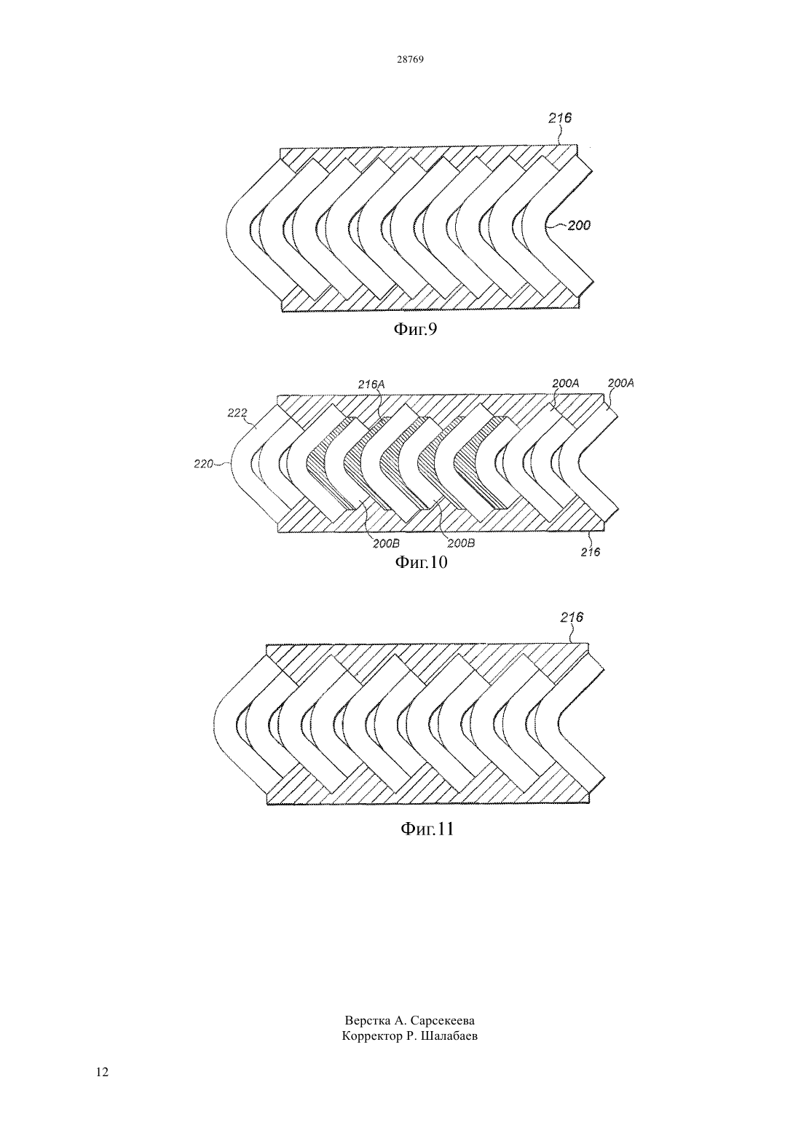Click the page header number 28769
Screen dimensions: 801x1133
coord(410,60)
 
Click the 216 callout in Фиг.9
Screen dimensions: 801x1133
coord(560,119)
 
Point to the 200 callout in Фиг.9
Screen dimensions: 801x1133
coord(579,226)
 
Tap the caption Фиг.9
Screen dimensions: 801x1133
coord(415,330)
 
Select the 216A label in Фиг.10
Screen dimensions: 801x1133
coord(371,384)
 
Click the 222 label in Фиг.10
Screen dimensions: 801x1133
coord(237,414)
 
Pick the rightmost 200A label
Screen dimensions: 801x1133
coord(621,384)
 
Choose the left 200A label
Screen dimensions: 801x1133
coord(565,384)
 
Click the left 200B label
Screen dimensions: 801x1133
coord(387,544)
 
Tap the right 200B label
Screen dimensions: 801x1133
coord(460,544)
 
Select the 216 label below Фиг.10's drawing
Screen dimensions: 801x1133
coord(590,552)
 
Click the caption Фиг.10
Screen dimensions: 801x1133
coord(421,562)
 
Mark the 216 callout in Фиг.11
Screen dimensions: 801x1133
coord(572,617)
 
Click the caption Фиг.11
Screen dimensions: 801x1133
coord(427,829)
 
